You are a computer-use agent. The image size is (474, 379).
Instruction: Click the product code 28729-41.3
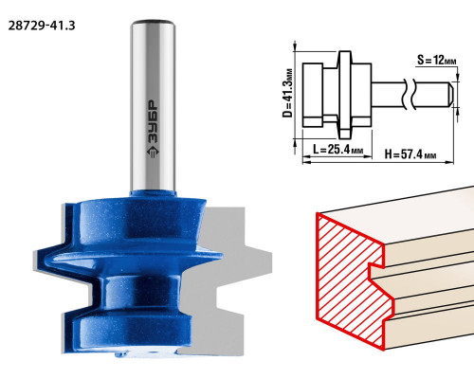(42, 26)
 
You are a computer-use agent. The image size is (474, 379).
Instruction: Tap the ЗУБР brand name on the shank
(154, 121)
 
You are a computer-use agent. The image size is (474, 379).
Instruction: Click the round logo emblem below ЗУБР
(154, 152)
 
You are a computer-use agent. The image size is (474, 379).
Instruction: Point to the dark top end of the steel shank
(154, 22)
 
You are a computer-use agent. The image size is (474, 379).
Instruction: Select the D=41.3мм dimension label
(287, 93)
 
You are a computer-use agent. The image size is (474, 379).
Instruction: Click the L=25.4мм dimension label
(337, 149)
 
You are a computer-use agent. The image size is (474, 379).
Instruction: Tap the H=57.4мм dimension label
(410, 154)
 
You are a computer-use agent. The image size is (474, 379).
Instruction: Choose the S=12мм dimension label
(437, 60)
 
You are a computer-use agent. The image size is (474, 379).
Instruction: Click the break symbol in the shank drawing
(409, 94)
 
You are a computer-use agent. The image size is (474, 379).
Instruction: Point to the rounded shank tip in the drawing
(450, 93)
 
